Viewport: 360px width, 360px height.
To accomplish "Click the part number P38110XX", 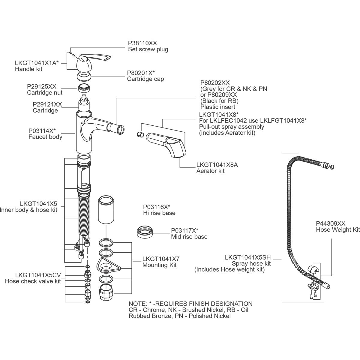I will coord(142,43).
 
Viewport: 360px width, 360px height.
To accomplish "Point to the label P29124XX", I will coord(47,104).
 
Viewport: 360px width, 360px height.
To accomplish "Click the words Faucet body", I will coord(45,137).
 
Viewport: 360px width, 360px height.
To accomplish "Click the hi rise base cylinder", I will coord(106,209).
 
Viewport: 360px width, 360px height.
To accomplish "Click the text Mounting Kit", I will coord(159,265).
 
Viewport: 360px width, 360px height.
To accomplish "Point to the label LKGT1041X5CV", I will coord(38,275).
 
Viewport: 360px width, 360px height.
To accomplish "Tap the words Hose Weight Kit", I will coord(337,230).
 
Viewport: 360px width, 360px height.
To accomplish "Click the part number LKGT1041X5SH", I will coord(248,257).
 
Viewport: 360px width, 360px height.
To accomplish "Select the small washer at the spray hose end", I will coord(332,167).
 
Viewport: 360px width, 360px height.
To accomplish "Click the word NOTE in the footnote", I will coord(137,304).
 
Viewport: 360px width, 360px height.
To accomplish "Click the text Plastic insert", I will coord(217,107).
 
